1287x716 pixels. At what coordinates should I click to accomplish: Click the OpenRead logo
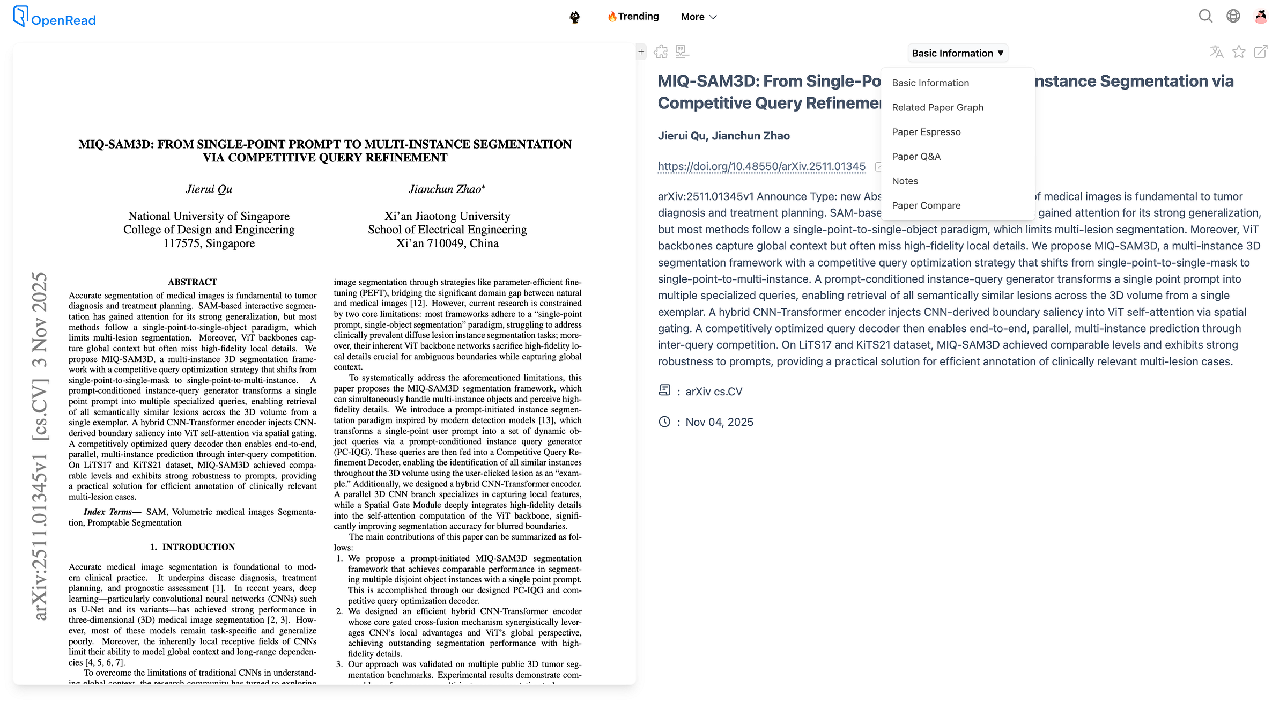pos(55,17)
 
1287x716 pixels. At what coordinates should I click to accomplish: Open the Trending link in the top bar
pos(633,17)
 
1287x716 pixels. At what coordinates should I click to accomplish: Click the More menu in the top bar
pos(698,17)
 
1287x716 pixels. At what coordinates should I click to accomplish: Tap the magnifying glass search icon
pos(1205,17)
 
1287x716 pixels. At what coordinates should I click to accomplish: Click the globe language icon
pos(1233,17)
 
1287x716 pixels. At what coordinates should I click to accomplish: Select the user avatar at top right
pos(1261,17)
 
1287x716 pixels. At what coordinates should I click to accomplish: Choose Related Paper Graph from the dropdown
pos(937,107)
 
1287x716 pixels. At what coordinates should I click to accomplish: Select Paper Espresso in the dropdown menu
pos(926,132)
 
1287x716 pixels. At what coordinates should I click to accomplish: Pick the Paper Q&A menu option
pos(916,157)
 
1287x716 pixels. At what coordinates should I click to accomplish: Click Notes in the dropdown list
pos(905,181)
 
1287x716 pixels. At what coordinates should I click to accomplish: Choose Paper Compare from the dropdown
pos(926,205)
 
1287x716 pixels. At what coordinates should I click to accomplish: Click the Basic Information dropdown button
pos(957,53)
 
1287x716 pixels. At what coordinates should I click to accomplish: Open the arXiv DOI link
pos(761,166)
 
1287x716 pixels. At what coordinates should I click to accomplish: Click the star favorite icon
pos(1239,52)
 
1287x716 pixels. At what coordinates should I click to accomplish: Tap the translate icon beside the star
pos(1216,52)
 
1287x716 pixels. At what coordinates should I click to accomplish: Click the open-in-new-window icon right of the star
pos(1261,52)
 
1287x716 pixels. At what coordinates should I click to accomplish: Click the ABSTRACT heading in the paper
pos(193,282)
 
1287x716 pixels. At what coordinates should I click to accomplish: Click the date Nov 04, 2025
pos(719,422)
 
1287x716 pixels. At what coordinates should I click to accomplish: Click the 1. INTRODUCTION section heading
pos(193,547)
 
